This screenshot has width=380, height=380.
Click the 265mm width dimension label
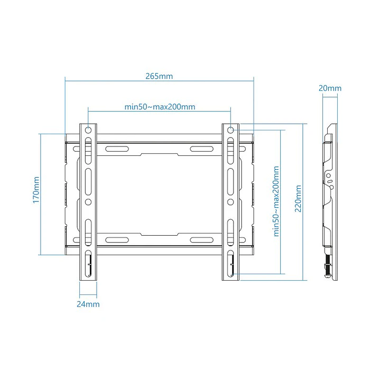point(159,76)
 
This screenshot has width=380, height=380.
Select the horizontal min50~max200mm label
point(160,107)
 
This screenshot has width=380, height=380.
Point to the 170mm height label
point(36,190)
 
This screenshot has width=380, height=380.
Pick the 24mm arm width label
point(88,304)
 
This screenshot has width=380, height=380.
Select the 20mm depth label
point(330,88)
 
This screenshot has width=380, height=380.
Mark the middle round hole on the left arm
point(88,201)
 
